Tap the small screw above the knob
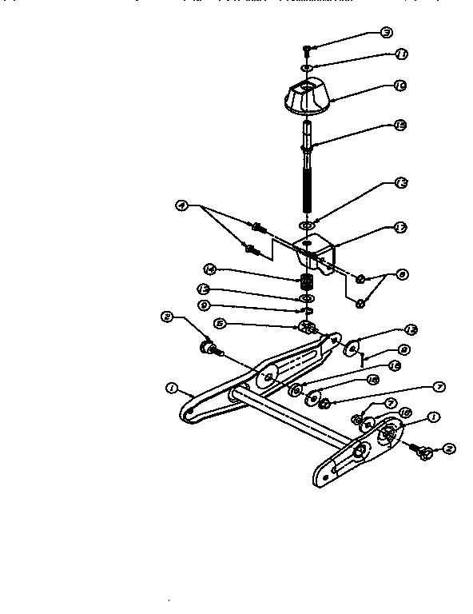(x=307, y=48)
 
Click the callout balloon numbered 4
(x=182, y=206)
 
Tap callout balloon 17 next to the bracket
(x=400, y=228)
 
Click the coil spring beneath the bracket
(x=305, y=281)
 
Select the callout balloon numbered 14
(x=209, y=269)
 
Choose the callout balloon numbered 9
(x=204, y=305)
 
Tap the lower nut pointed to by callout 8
(x=360, y=302)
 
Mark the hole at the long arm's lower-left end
(x=190, y=413)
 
